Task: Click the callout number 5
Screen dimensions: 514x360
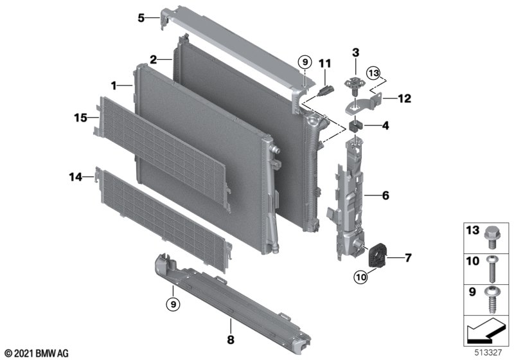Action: pyautogui.click(x=141, y=18)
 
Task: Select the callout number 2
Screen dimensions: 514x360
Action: pyautogui.click(x=154, y=60)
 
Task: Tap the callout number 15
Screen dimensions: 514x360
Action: pyautogui.click(x=81, y=118)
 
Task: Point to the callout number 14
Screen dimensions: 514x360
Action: pyautogui.click(x=75, y=177)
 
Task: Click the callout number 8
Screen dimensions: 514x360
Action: pyautogui.click(x=231, y=339)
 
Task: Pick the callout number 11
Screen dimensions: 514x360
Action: pyautogui.click(x=325, y=63)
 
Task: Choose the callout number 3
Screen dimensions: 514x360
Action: pyautogui.click(x=356, y=53)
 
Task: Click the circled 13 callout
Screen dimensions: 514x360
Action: pyautogui.click(x=374, y=73)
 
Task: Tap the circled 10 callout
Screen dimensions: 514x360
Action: pyautogui.click(x=360, y=277)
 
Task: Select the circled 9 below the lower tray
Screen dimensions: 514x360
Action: pyautogui.click(x=173, y=305)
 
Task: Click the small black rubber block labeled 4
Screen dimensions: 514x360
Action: pyautogui.click(x=355, y=125)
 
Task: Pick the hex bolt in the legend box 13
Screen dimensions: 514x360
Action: pyautogui.click(x=491, y=237)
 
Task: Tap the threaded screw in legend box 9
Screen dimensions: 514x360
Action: pyautogui.click(x=492, y=300)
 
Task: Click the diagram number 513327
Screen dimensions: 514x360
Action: pyautogui.click(x=488, y=352)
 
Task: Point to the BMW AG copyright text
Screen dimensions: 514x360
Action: pyautogui.click(x=37, y=354)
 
